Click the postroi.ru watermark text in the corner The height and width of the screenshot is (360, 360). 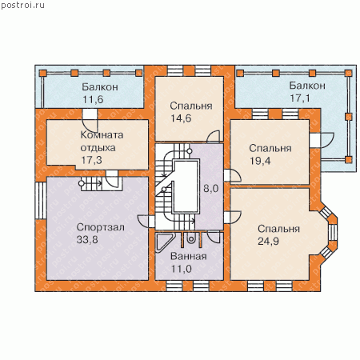pos(22,6)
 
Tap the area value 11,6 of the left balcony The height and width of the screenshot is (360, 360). pos(93,99)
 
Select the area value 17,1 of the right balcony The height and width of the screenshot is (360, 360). pos(300,98)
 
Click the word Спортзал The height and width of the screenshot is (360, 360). pos(100,227)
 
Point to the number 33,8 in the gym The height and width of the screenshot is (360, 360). pos(87,239)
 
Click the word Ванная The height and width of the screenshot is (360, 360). pos(189,256)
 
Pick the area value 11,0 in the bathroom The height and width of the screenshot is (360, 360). pos(181,269)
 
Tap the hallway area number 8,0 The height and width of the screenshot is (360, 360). pos(211,189)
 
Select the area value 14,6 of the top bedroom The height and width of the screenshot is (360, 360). pos(181,118)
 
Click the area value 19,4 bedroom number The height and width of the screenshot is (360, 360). pos(260,161)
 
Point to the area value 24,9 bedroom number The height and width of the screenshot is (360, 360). pos(268,241)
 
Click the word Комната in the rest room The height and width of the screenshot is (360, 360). pos(102,135)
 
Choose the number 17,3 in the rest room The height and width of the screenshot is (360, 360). pos(91,160)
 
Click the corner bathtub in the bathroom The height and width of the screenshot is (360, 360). pos(163,242)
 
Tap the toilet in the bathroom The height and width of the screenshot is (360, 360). pos(190,238)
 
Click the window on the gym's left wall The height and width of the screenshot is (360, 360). pos(41,200)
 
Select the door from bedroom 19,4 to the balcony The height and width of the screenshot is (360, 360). pos(322,140)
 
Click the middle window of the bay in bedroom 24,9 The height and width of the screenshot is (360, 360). pos(332,233)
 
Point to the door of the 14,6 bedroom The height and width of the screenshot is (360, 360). pos(214,136)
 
